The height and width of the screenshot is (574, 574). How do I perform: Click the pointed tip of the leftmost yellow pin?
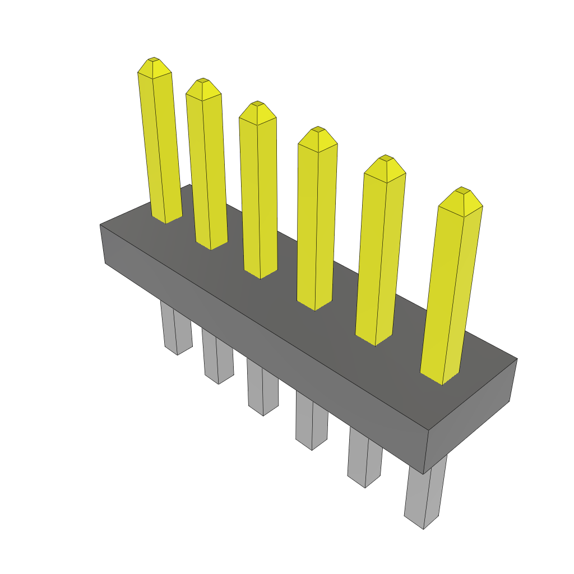coord(153,59)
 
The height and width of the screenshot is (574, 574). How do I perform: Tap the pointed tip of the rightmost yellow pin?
coord(462,191)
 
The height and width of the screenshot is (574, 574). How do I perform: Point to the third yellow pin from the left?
coord(258,191)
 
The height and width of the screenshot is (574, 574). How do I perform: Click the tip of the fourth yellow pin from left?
coord(318,129)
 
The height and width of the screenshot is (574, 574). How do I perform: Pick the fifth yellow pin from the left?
coord(379,252)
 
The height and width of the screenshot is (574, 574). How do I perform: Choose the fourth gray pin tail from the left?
coord(311,423)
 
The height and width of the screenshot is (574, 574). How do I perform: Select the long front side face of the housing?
coord(263,348)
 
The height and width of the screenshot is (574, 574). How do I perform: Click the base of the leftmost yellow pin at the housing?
coord(166,219)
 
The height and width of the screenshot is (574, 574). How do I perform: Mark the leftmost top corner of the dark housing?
coord(100,225)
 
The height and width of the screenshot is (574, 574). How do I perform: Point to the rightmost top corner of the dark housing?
coord(517,359)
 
